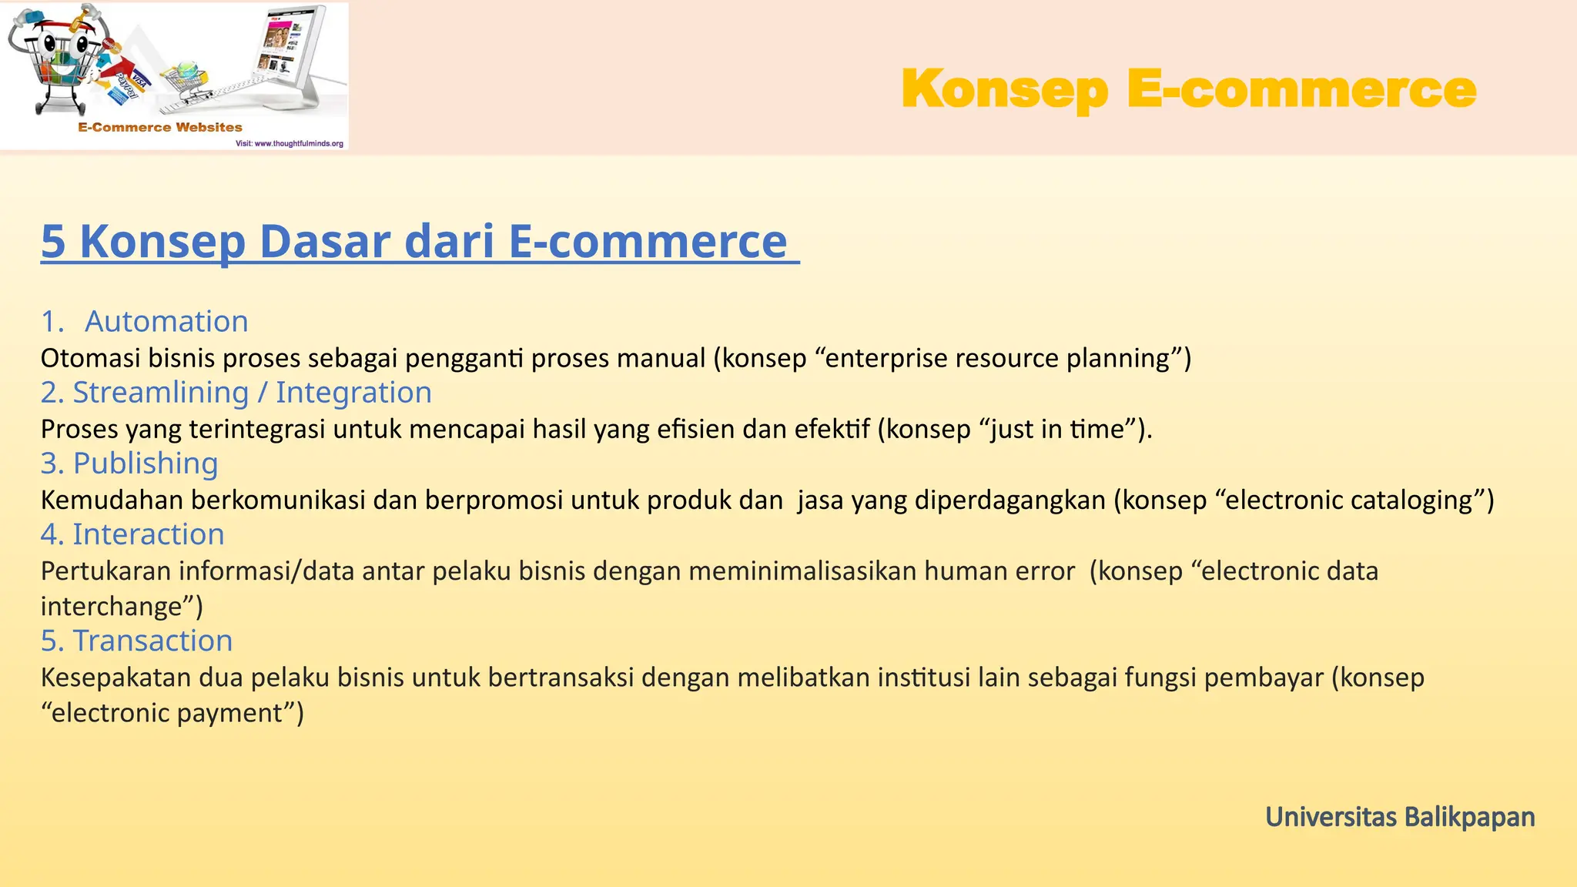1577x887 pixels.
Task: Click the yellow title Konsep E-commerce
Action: pos(1188,89)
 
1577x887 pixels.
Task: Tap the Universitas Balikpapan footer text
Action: pos(1399,817)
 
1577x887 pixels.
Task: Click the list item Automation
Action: pos(166,321)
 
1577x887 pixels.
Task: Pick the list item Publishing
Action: pos(146,464)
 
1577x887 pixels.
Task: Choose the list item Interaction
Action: pos(148,534)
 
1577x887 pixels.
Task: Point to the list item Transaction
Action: pos(152,641)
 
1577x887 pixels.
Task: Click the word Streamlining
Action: pos(160,393)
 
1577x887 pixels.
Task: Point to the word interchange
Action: pos(111,607)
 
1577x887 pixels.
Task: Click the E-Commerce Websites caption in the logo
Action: pos(160,128)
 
